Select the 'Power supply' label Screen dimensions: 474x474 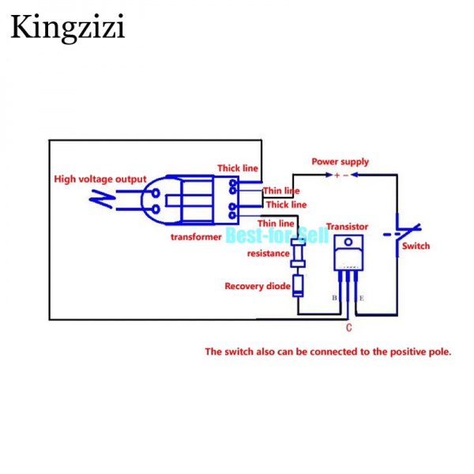coord(340,162)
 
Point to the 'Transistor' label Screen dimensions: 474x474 coord(347,225)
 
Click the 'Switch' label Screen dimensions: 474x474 coord(416,246)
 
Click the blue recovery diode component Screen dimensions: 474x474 coord(298,284)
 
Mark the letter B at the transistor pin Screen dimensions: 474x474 coord(335,299)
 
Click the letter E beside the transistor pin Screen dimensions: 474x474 coord(362,299)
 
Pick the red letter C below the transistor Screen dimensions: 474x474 coord(348,326)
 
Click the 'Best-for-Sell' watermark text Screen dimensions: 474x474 coord(265,235)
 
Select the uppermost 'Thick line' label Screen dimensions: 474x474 coord(238,168)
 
